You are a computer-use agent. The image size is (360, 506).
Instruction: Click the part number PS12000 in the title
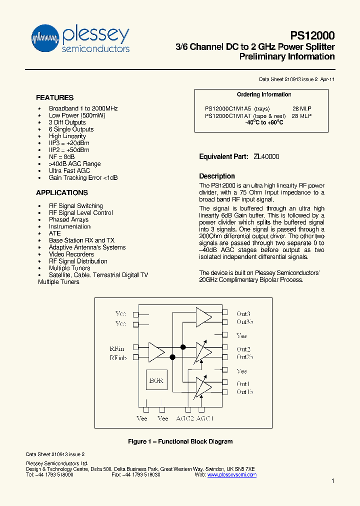312,35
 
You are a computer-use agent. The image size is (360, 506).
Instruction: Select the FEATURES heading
54,97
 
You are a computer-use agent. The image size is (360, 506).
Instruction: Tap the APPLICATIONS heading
61,192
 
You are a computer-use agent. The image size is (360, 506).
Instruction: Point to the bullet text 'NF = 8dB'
61,156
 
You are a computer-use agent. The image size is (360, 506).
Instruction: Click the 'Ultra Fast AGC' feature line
69,170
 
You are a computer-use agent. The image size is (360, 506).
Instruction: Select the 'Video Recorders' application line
71,254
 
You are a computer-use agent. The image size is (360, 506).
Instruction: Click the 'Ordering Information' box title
264,94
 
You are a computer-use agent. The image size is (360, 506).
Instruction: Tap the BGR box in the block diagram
156,380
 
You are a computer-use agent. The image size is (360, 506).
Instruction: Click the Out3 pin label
243,314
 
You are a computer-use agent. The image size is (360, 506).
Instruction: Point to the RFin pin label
118,348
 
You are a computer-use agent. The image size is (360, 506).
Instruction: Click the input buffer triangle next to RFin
156,352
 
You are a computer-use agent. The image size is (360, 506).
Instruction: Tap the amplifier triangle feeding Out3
203,316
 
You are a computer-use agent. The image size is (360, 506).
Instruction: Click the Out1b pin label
245,392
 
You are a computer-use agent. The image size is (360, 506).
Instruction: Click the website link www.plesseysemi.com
231,475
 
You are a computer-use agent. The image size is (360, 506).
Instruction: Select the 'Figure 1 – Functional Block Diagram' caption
180,441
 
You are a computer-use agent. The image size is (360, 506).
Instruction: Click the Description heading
217,176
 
